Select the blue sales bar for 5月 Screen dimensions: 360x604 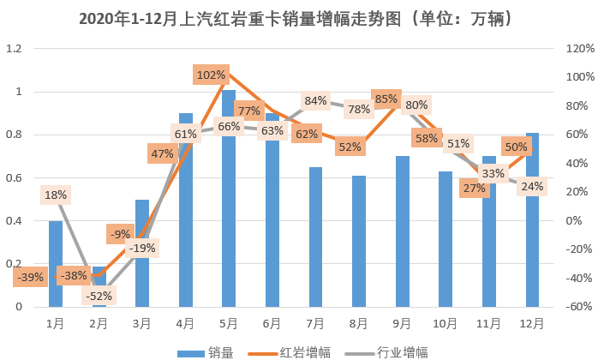click(229, 206)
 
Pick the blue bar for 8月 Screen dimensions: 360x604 click(359, 249)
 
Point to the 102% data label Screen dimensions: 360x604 click(211, 75)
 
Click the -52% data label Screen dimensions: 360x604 click(97, 296)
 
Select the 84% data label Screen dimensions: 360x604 click(315, 100)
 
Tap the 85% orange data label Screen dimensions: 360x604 click(386, 99)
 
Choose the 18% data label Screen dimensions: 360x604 click(56, 195)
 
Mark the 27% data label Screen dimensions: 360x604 click(474, 188)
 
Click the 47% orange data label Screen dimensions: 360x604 click(162, 153)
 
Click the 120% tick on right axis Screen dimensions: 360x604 click(580, 48)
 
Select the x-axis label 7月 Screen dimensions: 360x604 click(315, 323)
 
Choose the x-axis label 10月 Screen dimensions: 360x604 click(446, 323)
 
